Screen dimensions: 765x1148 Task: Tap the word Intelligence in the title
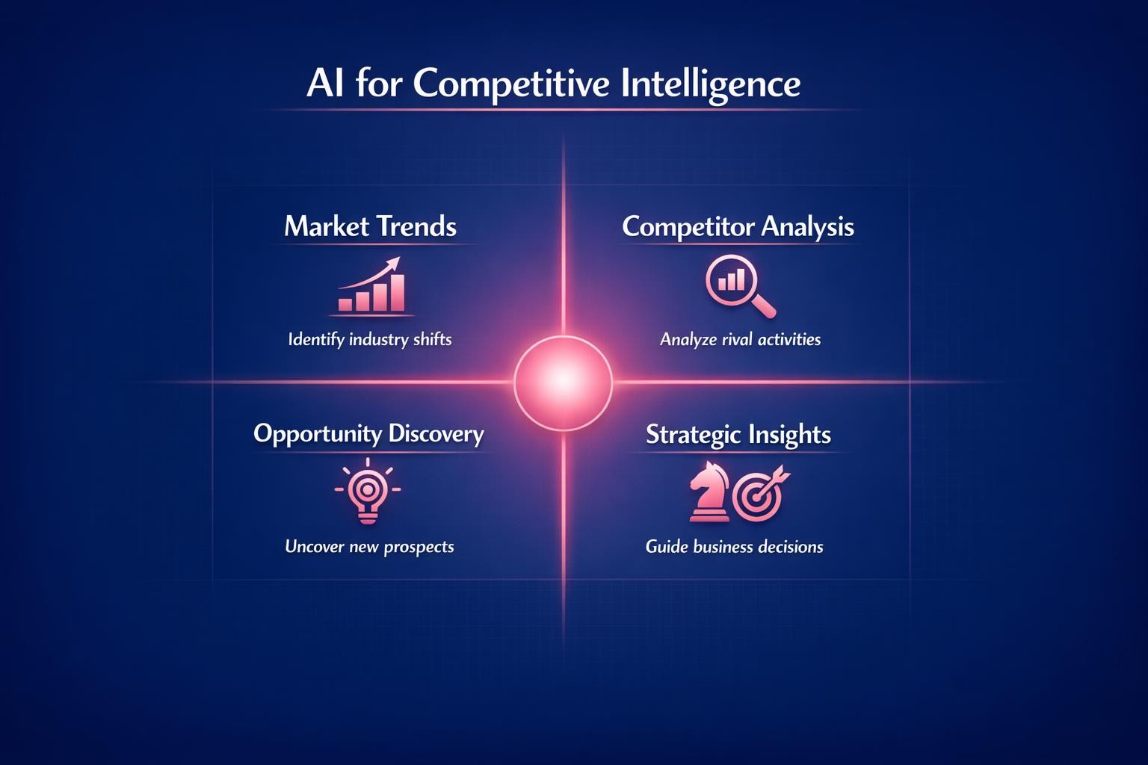pos(711,84)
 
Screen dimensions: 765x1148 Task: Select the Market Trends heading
pos(370,226)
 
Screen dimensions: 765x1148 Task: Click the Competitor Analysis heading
pos(738,226)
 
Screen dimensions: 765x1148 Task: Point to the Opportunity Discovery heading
pos(368,433)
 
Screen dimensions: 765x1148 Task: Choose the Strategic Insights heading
pos(738,434)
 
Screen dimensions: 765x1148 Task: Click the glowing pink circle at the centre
pos(563,382)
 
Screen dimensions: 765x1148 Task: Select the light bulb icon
pos(367,493)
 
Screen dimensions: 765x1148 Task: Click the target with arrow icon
pos(759,493)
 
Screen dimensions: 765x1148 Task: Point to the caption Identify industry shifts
pos(370,339)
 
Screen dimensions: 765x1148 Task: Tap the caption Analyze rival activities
pos(740,339)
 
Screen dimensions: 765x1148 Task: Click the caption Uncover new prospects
pos(369,546)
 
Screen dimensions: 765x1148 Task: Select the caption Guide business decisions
pos(734,547)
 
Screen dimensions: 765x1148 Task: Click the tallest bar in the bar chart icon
pos(398,292)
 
